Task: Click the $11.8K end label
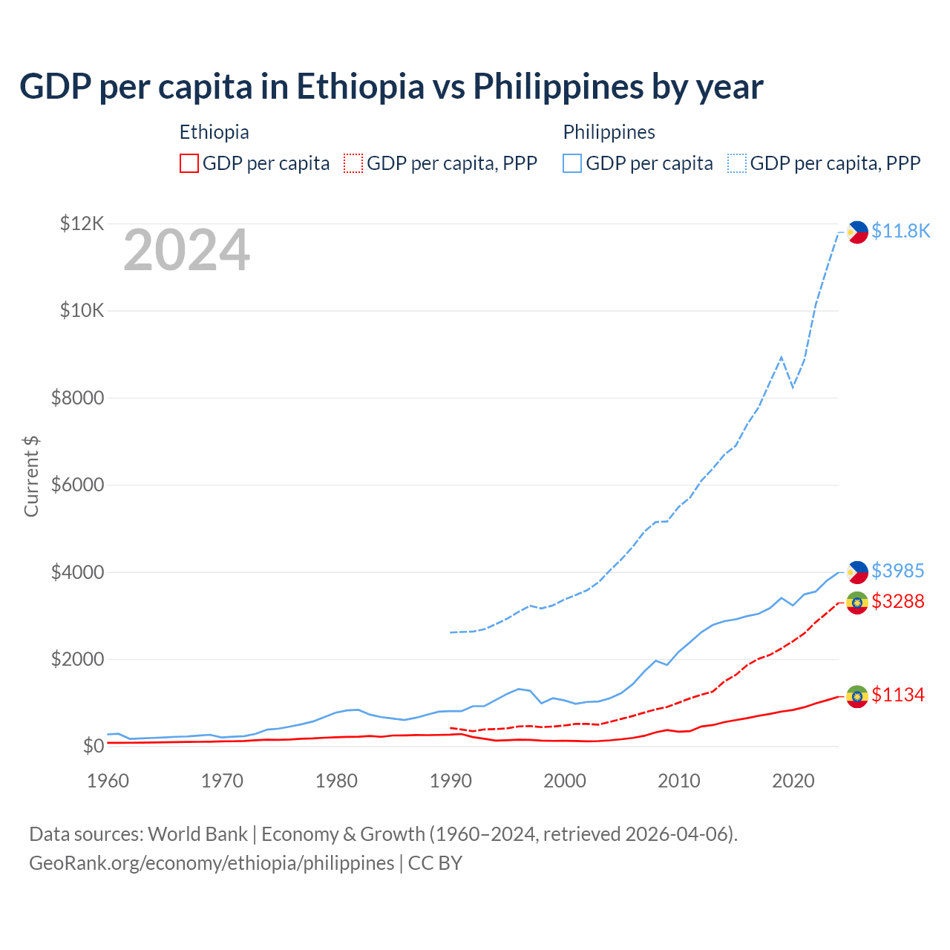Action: pyautogui.click(x=900, y=231)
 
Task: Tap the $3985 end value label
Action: pyautogui.click(x=897, y=571)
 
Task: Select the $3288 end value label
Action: pyautogui.click(x=897, y=601)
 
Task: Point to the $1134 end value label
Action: pyautogui.click(x=897, y=695)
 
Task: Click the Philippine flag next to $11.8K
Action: pyautogui.click(x=857, y=232)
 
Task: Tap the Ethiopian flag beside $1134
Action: pyautogui.click(x=857, y=696)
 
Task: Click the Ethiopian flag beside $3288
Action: pyautogui.click(x=857, y=603)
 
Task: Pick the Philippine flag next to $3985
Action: pyautogui.click(x=857, y=572)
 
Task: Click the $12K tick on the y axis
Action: pyautogui.click(x=82, y=223)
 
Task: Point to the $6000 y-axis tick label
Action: pyautogui.click(x=77, y=485)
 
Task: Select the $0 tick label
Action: pyautogui.click(x=93, y=747)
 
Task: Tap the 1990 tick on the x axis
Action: pyautogui.click(x=451, y=781)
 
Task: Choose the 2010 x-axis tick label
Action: pyautogui.click(x=679, y=781)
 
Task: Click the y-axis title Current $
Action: pyautogui.click(x=31, y=476)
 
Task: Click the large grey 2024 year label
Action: pyautogui.click(x=186, y=251)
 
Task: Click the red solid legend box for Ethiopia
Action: pyautogui.click(x=189, y=163)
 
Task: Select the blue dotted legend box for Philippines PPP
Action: pyautogui.click(x=737, y=163)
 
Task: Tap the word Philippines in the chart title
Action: pyautogui.click(x=557, y=86)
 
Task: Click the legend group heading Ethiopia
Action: pyautogui.click(x=214, y=132)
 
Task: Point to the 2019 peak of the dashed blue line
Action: pyautogui.click(x=781, y=357)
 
